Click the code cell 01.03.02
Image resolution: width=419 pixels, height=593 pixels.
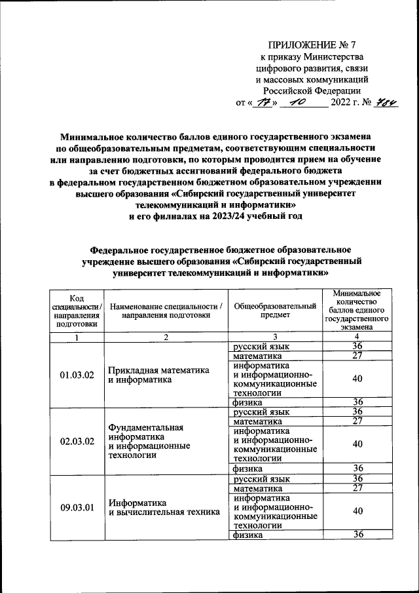[x=77, y=375]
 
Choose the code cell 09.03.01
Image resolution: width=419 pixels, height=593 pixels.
[x=77, y=507]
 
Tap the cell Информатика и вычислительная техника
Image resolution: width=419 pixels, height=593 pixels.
[x=164, y=507]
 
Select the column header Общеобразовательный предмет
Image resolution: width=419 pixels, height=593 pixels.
[x=275, y=311]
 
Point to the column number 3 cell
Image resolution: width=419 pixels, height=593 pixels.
[x=275, y=337]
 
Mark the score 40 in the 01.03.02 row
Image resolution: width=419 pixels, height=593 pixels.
[x=357, y=379]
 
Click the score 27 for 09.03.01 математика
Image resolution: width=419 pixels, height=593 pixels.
[x=357, y=488]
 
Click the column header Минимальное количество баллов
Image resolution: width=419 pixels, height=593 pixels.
[x=357, y=311]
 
